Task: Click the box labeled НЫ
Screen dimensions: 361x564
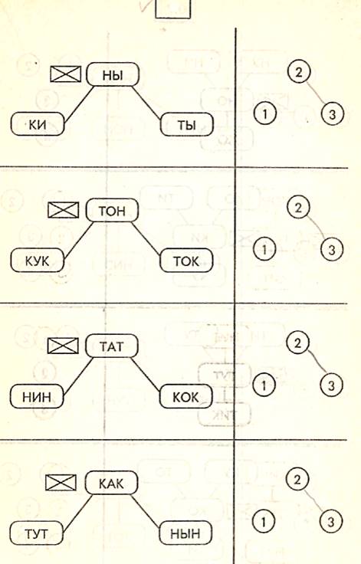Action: coord(113,74)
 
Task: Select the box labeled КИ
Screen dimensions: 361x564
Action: coord(37,124)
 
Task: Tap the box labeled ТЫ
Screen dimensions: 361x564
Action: coord(186,124)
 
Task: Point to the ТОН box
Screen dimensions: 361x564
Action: coord(112,210)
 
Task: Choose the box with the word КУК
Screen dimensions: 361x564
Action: coord(37,260)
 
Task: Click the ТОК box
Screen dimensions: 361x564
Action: coord(186,261)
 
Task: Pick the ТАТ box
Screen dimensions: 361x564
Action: coord(112,346)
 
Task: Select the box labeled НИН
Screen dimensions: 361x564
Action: coord(36,396)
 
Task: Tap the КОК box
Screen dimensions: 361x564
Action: coord(185,396)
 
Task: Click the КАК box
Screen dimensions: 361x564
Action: coord(111,483)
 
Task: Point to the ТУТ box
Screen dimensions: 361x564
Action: coord(36,533)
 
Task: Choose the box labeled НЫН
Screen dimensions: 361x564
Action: coord(185,533)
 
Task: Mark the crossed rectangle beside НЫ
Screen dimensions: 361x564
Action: coord(65,74)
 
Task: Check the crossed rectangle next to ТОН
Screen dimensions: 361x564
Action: coord(64,210)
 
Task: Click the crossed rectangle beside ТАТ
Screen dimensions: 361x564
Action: coord(63,346)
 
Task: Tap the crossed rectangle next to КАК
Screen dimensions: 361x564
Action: coord(61,482)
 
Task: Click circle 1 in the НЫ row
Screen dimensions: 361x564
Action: coord(265,114)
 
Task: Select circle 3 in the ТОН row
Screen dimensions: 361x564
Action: coord(331,249)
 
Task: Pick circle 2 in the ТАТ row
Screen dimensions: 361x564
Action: coord(297,343)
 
